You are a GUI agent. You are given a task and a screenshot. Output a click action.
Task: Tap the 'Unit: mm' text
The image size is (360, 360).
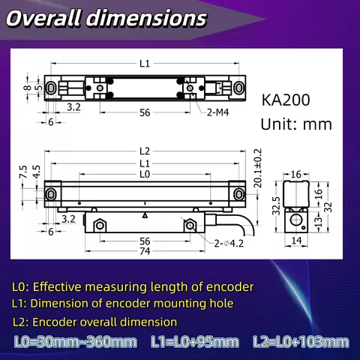pos(295,124)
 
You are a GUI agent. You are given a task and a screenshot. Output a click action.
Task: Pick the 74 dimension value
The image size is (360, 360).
pos(145,252)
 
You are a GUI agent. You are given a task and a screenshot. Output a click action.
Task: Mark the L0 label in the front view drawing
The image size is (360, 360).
pos(145,174)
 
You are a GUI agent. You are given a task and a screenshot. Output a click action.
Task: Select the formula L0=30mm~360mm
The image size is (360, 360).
pos(76,343)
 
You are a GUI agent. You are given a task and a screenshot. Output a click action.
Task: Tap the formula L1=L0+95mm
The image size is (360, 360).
pos(194,343)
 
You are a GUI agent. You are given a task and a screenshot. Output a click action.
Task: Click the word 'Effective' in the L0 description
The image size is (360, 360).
pos(59,286)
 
